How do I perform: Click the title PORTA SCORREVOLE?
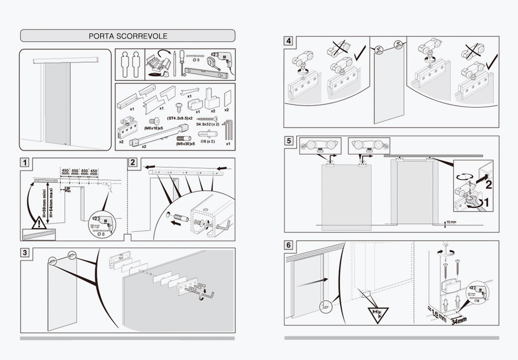[x=128, y=36]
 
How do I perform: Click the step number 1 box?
[x=26, y=162]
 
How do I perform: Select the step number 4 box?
[x=288, y=41]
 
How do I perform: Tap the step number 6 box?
[x=288, y=245]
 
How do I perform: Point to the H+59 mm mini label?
[x=43, y=202]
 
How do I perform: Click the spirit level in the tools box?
[x=206, y=72]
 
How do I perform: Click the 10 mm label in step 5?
[x=450, y=222]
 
